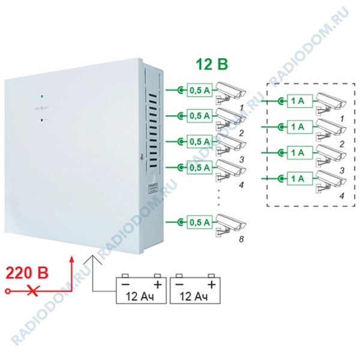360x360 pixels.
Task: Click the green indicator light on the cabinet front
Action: point(41,95)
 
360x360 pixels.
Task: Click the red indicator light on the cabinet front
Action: point(41,119)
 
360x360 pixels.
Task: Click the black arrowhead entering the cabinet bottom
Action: point(94,257)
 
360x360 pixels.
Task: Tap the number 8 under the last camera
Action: point(241,241)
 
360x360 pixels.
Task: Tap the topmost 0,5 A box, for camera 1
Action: point(200,89)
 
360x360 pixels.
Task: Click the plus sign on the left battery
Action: point(158,283)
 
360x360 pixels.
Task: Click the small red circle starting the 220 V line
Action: point(7,291)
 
